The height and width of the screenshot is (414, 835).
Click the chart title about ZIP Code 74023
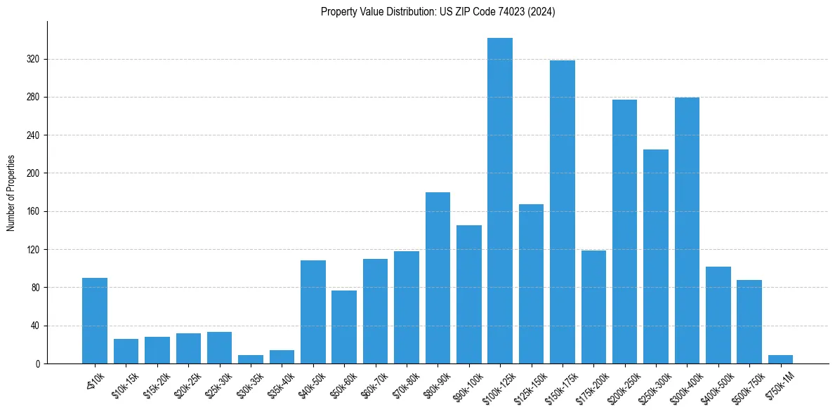[x=438, y=12]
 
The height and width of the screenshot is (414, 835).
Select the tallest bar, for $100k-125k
[x=500, y=201]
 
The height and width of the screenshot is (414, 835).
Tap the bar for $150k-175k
[x=563, y=212]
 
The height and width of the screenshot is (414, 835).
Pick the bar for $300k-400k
[x=687, y=230]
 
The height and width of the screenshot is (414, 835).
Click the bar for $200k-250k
[x=624, y=232]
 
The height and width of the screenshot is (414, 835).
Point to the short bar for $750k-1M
[x=780, y=359]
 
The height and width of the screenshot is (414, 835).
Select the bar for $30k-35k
[x=251, y=359]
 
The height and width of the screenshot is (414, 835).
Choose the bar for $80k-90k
[x=438, y=278]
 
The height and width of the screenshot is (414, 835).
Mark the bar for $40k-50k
[x=313, y=312]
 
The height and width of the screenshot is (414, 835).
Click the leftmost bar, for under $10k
[x=95, y=321]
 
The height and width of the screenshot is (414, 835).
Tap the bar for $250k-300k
[x=656, y=256]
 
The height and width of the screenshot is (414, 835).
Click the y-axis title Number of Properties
[x=11, y=193]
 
